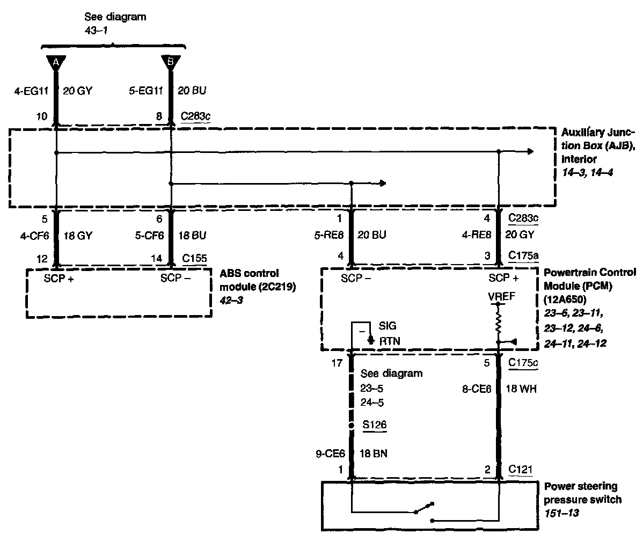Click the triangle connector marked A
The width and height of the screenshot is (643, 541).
tap(56, 62)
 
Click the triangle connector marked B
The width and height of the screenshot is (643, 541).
tap(171, 62)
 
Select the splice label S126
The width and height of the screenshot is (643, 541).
tap(375, 425)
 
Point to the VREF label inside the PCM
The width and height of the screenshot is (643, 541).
tap(501, 297)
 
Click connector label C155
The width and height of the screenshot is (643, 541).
tap(194, 258)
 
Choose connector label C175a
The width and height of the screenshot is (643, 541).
tap(523, 255)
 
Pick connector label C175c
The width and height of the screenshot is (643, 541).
tap(523, 363)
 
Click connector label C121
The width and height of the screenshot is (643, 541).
tap(521, 469)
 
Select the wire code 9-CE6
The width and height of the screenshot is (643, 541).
tap(330, 454)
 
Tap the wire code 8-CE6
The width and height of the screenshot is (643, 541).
tap(477, 389)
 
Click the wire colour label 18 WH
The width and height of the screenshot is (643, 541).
tap(521, 389)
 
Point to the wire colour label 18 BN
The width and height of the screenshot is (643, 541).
tap(374, 454)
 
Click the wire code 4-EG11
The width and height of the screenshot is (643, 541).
tap(32, 91)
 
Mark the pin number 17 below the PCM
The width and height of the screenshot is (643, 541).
tap(337, 363)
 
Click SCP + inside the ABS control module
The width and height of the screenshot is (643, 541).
tap(59, 279)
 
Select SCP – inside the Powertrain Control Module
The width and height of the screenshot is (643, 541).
tap(356, 279)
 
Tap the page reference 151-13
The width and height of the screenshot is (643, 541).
tap(562, 513)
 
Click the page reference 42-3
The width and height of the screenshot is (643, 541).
tap(231, 300)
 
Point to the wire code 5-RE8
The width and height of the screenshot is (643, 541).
tap(329, 235)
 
